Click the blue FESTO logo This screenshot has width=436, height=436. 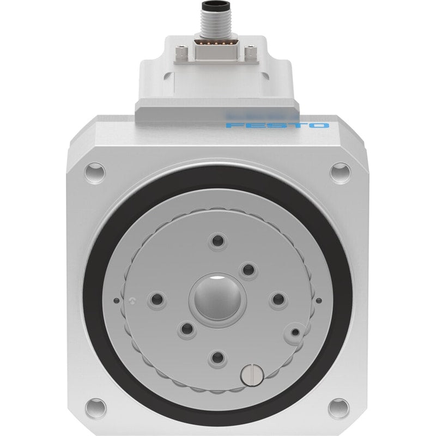coord(277,125)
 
